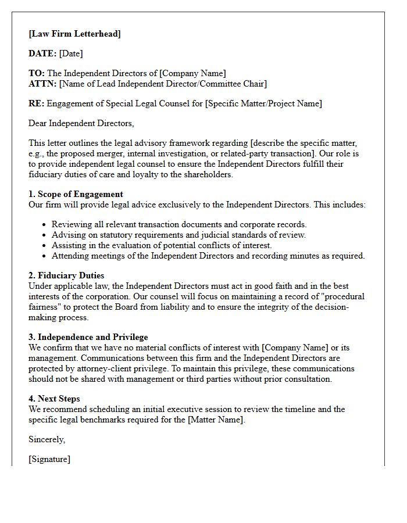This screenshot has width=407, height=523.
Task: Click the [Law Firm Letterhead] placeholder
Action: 74,34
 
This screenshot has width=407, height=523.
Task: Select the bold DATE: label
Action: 42,53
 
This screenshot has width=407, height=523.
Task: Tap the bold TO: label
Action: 36,73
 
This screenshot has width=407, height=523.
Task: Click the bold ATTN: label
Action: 42,84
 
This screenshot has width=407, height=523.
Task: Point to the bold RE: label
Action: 36,103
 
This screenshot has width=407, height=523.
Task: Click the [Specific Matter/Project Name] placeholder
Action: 263,103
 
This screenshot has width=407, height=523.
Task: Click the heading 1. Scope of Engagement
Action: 76,194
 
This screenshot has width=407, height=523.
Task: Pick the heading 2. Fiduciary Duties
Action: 66,275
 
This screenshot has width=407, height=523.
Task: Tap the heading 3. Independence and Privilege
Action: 88,337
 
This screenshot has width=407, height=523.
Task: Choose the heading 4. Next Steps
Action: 59,399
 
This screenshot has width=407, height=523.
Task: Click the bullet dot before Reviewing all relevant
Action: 45,224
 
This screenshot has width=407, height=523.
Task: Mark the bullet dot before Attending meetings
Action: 45,256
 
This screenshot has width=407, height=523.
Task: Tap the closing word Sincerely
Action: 47,439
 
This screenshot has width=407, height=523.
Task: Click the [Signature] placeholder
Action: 49,459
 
